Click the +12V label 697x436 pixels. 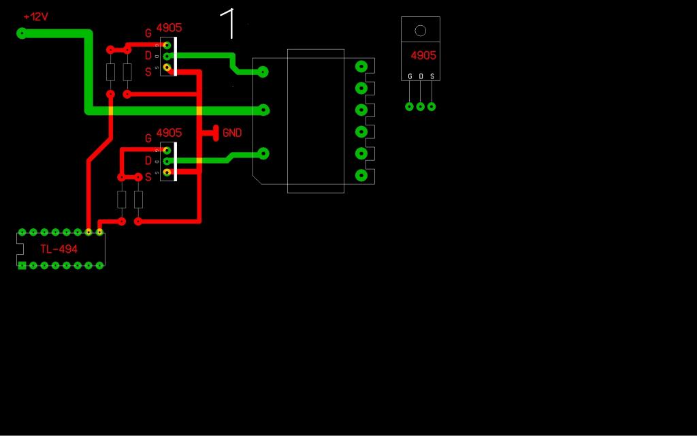click(35, 17)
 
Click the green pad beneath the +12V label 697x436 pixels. click(21, 33)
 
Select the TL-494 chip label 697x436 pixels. click(59, 249)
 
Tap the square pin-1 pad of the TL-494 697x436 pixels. click(22, 266)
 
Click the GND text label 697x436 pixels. click(232, 133)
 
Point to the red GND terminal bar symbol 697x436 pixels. click(216, 133)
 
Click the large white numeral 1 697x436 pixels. click(227, 23)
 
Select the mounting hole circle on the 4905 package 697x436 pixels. click(420, 31)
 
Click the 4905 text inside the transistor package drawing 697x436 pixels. click(423, 56)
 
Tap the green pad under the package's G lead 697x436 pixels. click(409, 107)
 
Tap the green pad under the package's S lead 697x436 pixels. click(431, 107)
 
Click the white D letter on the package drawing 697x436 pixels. click(421, 76)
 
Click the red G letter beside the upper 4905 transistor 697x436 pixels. click(148, 33)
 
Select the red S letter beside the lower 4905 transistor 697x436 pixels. click(148, 178)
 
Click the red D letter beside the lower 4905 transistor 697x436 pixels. click(148, 161)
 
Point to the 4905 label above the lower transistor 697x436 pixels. click(169, 133)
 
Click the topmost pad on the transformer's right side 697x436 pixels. click(361, 67)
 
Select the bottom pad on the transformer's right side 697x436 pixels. click(361, 175)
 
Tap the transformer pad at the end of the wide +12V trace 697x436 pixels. click(264, 110)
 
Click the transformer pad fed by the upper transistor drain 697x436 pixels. click(263, 72)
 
